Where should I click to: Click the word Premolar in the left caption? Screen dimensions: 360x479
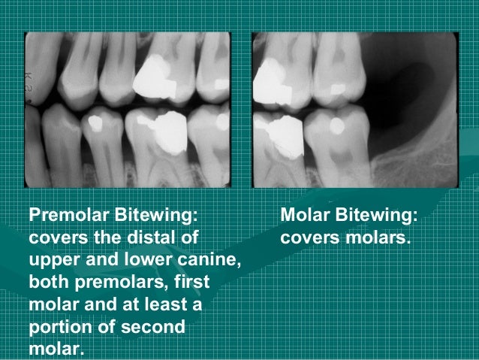tap(67, 216)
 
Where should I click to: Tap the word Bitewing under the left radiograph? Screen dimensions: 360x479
tap(154, 216)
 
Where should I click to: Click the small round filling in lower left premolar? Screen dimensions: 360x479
tap(95, 119)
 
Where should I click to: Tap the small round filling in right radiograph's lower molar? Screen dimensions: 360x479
tap(337, 120)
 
